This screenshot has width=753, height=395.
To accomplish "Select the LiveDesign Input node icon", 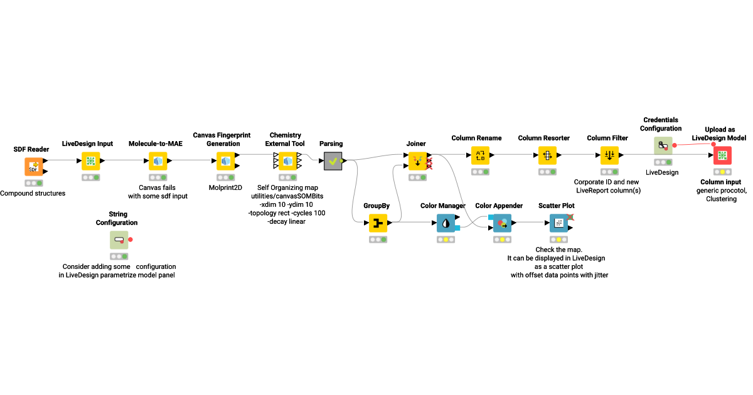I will pyautogui.click(x=91, y=161).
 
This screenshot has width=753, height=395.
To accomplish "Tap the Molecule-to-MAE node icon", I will pyautogui.click(x=158, y=161).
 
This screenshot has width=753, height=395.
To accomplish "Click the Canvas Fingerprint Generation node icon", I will pyautogui.click(x=225, y=161).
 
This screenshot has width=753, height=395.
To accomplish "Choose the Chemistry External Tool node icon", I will pyautogui.click(x=288, y=161).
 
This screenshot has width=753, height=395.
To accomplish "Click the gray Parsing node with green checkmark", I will pyautogui.click(x=333, y=161).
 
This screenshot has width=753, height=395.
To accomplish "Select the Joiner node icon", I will pyautogui.click(x=417, y=161).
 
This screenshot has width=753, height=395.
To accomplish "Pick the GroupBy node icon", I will pyautogui.click(x=378, y=223).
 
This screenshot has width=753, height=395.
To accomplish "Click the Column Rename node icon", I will pyautogui.click(x=480, y=155).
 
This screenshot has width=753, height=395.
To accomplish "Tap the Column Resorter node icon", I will pyautogui.click(x=547, y=155).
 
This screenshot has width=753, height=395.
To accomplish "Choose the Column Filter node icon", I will pyautogui.click(x=609, y=155).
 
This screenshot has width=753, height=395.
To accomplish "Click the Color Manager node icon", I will pyautogui.click(x=446, y=223).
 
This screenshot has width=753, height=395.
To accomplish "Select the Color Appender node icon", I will pyautogui.click(x=502, y=223).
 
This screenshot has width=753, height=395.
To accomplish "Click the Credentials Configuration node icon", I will pyautogui.click(x=663, y=146).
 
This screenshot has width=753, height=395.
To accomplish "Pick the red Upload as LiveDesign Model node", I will pyautogui.click(x=722, y=155).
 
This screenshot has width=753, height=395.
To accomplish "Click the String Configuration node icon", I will pyautogui.click(x=119, y=240).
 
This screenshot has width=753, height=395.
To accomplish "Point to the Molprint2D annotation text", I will pyautogui.click(x=225, y=186).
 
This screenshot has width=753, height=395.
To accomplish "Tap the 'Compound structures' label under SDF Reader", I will pyautogui.click(x=33, y=193).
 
